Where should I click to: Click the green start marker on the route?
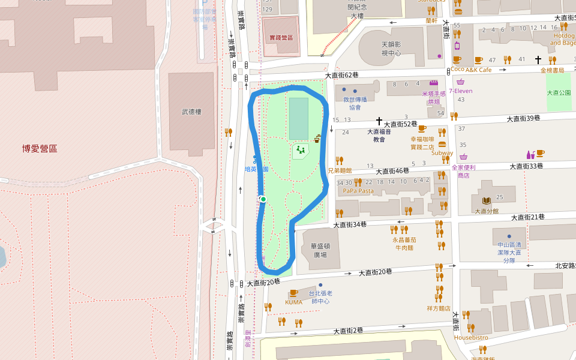point(263,199)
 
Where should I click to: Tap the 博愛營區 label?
point(40,148)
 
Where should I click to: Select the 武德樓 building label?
point(191,112)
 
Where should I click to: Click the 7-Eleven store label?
point(461,91)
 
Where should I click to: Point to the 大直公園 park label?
point(559,93)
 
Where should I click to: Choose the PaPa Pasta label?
point(358,191)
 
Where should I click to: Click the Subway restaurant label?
point(442,153)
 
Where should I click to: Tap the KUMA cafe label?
point(293,302)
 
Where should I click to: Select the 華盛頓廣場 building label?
point(320,250)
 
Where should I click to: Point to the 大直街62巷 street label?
point(342,76)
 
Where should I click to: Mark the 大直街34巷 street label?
point(350,224)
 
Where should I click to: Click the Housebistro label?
point(471,337)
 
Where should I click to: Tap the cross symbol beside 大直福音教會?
point(379,122)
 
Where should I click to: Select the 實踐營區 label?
point(281,38)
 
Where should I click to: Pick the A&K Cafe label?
point(478,70)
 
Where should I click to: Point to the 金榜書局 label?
point(552,70)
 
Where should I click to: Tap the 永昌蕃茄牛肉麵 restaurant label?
point(404,244)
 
